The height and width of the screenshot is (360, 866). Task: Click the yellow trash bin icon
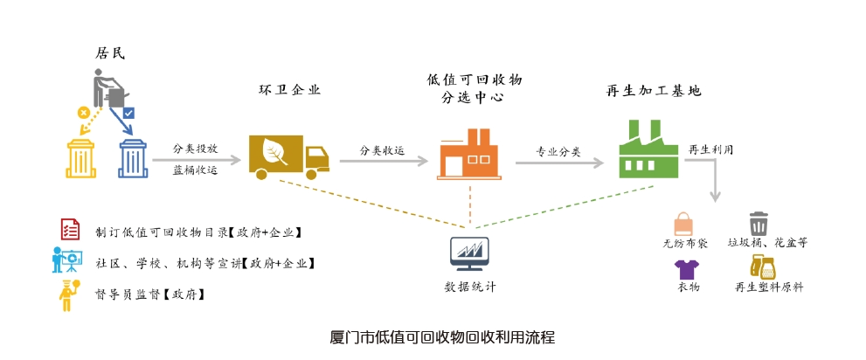(80, 158)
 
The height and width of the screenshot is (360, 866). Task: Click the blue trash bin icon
(133, 158)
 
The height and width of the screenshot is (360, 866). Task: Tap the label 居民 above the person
(110, 53)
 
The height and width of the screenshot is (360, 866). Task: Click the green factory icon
(648, 150)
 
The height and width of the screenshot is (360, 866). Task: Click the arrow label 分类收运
(383, 150)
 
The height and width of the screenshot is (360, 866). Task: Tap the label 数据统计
(470, 287)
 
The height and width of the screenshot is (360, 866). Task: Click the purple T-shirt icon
(687, 268)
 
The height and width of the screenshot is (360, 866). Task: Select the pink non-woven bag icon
(683, 224)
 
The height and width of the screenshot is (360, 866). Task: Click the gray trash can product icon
(759, 224)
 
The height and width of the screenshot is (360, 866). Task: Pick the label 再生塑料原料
(769, 287)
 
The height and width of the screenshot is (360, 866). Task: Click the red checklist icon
(69, 230)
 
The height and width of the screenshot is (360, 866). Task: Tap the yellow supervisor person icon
(67, 295)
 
